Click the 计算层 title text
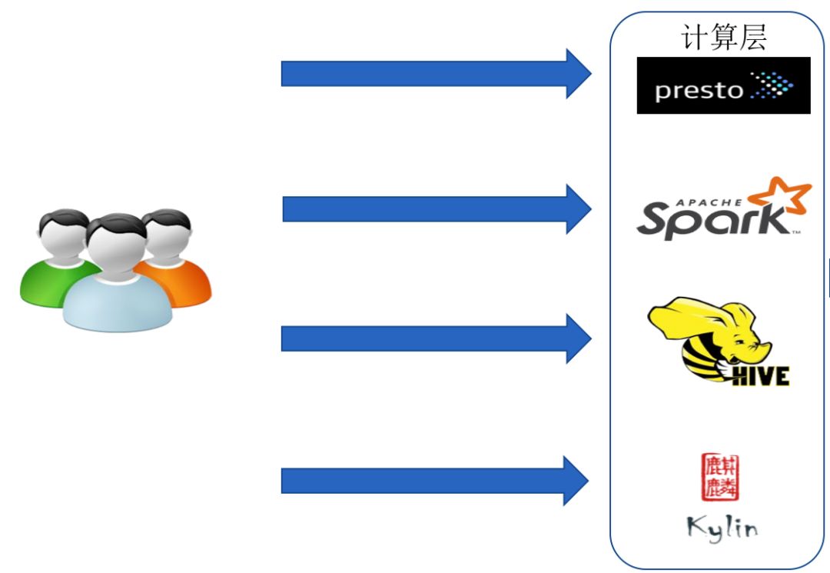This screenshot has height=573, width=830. coord(723,37)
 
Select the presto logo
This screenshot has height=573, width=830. coord(723,85)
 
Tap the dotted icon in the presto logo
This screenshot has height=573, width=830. coord(771,85)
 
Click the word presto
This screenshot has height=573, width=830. coord(699,91)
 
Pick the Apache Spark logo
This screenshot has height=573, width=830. coord(722,209)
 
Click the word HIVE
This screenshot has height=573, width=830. coord(759,375)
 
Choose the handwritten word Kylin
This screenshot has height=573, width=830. coord(722,527)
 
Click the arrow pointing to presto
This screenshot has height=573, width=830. coord(435,73)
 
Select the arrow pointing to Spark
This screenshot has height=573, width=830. coord(435,208)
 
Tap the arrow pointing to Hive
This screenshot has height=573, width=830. coord(435,338)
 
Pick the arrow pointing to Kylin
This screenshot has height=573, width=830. coord(435,481)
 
